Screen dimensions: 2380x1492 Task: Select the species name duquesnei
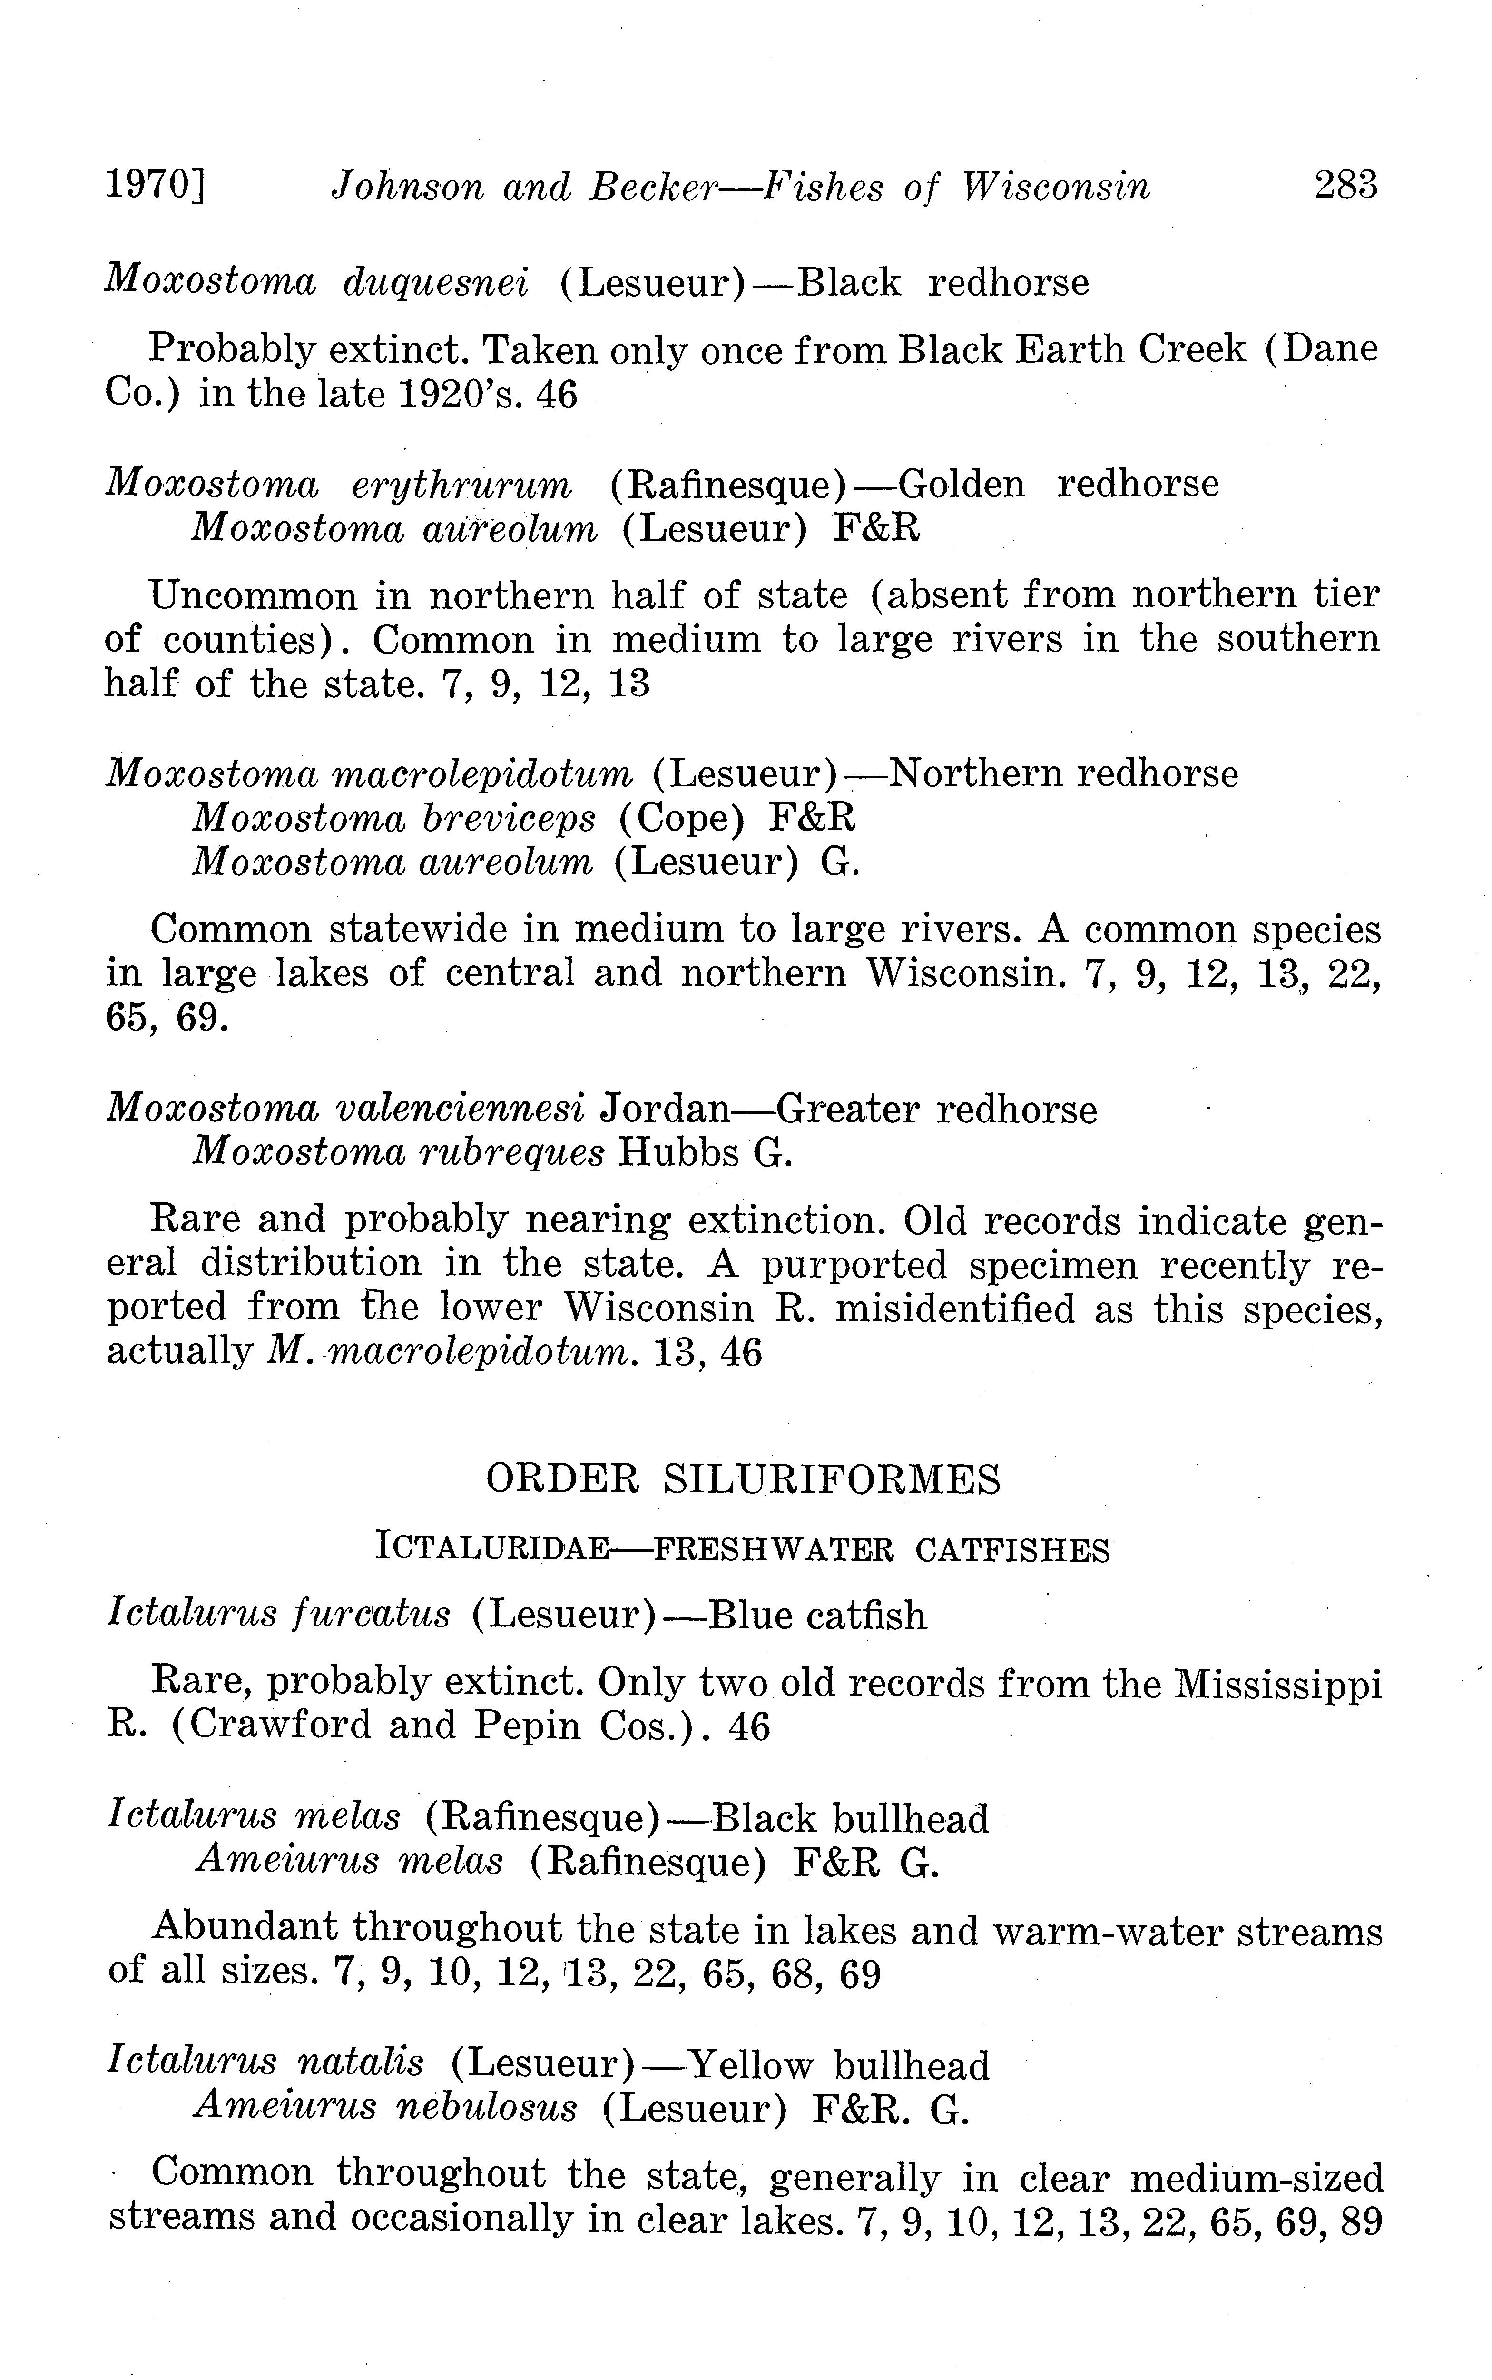[x=435, y=283]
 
